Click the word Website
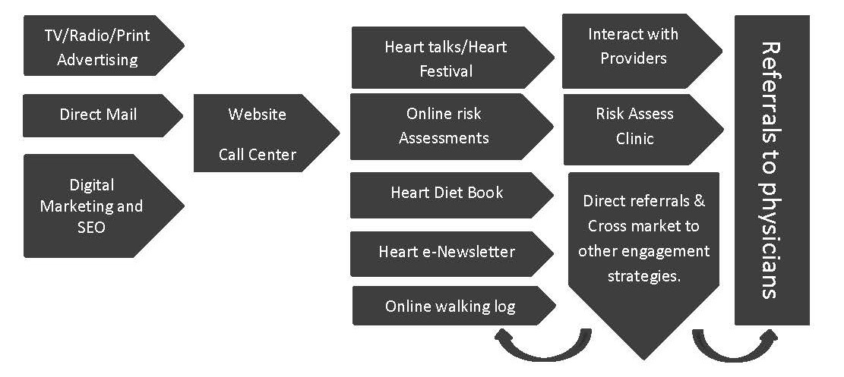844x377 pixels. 258,115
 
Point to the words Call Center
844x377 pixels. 258,155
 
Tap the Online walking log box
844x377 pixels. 450,306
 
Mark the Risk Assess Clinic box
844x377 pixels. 635,127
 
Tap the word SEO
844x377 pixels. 91,227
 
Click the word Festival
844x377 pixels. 444,71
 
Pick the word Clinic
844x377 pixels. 635,139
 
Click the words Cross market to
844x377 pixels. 644,226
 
